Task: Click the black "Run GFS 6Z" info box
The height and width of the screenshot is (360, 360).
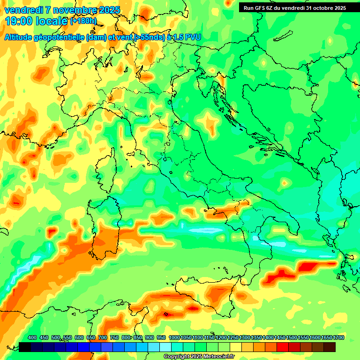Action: (294, 8)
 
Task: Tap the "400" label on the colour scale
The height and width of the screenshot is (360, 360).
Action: (32, 338)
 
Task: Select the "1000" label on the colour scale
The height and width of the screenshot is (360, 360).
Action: (174, 338)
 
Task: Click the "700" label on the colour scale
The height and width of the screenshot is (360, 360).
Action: (102, 338)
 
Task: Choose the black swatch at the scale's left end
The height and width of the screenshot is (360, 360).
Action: (25, 347)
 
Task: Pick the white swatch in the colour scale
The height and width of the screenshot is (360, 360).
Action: (165, 347)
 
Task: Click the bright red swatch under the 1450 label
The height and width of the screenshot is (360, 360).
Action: (283, 347)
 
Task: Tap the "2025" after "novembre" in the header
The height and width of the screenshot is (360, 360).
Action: (107, 10)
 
